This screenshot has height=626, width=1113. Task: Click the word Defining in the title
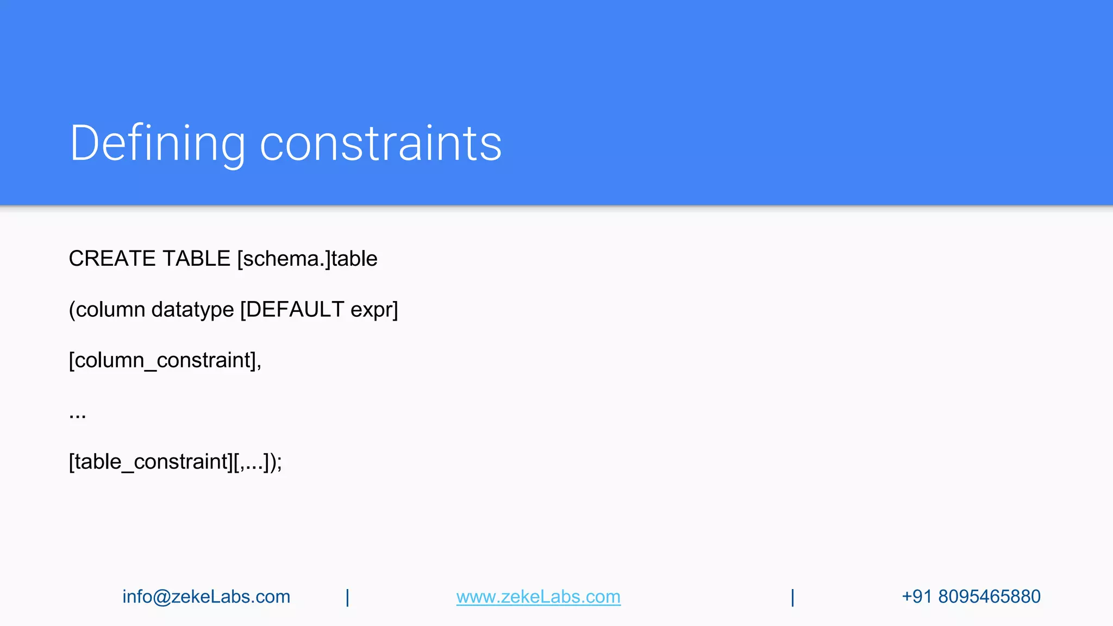(158, 143)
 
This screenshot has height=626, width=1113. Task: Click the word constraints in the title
(380, 143)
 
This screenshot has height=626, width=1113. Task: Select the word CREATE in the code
(112, 259)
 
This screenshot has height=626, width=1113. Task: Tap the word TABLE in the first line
(196, 259)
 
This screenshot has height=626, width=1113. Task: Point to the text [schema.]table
(307, 259)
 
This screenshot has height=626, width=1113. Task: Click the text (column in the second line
(107, 310)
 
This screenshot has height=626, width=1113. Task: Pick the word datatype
(192, 310)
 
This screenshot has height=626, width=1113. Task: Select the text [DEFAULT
(292, 310)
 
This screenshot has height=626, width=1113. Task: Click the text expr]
(374, 310)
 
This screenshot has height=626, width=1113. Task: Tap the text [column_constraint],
(165, 360)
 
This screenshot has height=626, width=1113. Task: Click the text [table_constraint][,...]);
(175, 462)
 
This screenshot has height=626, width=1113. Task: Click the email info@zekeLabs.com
(206, 597)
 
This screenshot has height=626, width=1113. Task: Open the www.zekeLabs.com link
(538, 597)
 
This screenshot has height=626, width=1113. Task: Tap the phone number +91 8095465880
(971, 597)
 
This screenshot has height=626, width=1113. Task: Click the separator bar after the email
(348, 597)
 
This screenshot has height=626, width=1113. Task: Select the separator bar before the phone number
(793, 597)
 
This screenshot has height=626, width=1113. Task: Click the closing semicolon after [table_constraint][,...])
(279, 464)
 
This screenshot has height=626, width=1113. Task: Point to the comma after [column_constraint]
(259, 365)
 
